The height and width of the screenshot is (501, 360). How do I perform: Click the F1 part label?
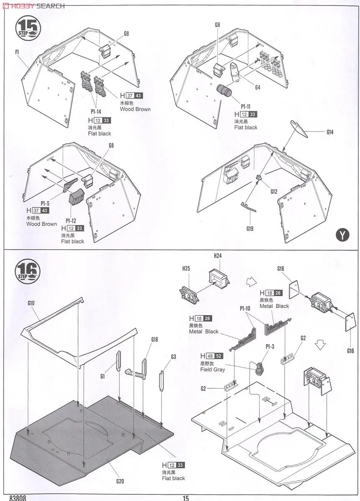(18, 52)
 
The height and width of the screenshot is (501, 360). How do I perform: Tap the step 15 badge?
(28, 28)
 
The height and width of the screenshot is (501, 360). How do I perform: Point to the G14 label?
(330, 132)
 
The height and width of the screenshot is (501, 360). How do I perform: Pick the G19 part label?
(250, 228)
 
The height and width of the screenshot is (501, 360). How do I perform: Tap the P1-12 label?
(71, 220)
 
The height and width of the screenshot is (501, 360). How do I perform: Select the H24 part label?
(218, 256)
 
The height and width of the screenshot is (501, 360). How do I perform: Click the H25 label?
(186, 269)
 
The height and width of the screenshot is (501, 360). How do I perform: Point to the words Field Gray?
(213, 369)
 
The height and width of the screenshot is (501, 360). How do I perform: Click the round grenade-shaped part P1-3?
(261, 367)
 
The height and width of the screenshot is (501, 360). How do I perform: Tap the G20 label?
(120, 481)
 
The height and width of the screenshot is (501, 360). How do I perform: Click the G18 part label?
(155, 340)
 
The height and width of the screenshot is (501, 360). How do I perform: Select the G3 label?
(173, 357)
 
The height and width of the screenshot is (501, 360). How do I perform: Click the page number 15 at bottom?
(186, 498)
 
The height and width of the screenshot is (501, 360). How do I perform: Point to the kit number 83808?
(17, 498)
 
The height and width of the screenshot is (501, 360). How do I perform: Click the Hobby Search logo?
(33, 5)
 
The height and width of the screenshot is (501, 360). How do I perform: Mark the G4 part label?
(257, 87)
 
